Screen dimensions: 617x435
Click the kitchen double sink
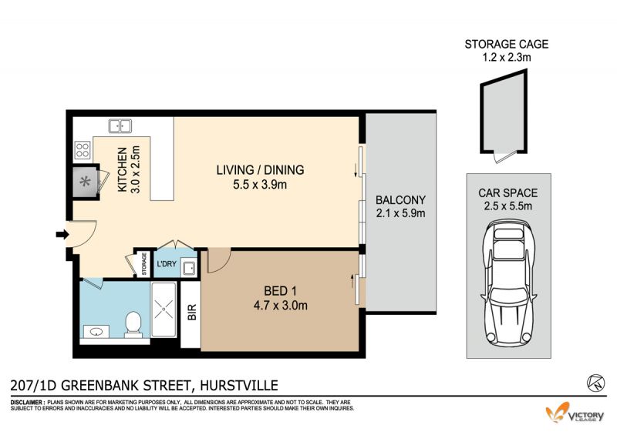click(x=120, y=126)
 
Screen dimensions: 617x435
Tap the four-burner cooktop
click(x=83, y=150)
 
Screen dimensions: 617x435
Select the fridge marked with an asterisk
click(x=85, y=182)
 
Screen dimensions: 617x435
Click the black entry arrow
click(x=62, y=235)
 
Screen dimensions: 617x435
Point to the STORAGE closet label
click(x=144, y=263)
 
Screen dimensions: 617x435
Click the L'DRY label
click(x=167, y=263)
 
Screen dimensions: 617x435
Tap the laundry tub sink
click(x=188, y=268)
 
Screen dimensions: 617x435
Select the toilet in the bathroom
click(x=133, y=325)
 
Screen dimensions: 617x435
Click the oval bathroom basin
click(x=96, y=332)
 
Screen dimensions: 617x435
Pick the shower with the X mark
click(x=164, y=310)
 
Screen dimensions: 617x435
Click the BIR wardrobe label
click(x=191, y=313)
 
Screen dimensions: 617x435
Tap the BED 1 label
click(x=280, y=291)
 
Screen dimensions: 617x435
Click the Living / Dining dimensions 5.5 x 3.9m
click(x=260, y=184)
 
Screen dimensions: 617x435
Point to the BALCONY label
click(x=400, y=200)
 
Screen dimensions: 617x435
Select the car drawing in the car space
click(x=508, y=283)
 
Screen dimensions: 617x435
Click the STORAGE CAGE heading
click(x=507, y=44)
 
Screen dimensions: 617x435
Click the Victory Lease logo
click(x=575, y=413)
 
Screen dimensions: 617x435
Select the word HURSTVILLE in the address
click(x=239, y=385)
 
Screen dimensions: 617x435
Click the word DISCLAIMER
click(x=27, y=403)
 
